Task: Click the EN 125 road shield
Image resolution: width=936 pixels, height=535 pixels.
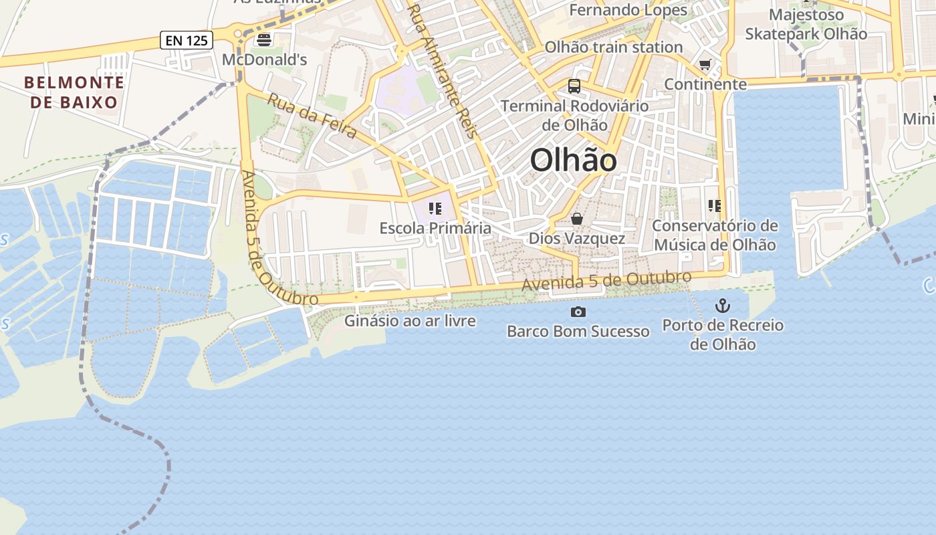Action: tap(187, 40)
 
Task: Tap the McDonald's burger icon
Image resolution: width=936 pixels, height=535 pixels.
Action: tap(264, 39)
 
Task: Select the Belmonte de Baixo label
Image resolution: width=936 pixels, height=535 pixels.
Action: tap(74, 92)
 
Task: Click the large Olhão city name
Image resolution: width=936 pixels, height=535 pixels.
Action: tap(573, 160)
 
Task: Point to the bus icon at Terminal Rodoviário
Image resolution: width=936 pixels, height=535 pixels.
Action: tap(574, 86)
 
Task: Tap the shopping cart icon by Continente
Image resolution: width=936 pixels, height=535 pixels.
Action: tap(705, 65)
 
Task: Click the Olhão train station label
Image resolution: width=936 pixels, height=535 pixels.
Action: tap(613, 47)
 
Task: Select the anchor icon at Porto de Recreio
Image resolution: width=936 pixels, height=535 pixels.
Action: tap(723, 306)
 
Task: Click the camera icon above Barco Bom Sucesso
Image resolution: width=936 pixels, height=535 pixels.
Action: tap(578, 312)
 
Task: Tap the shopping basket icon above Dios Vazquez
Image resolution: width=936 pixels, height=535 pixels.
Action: tap(577, 219)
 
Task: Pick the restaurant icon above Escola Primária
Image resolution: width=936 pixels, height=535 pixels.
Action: tap(435, 209)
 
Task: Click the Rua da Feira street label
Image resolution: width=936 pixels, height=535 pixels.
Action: tap(312, 116)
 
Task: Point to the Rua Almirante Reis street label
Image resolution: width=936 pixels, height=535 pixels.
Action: tap(442, 70)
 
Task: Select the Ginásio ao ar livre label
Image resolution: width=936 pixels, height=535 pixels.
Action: tap(410, 321)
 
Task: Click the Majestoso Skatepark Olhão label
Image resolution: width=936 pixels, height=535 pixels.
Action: tap(806, 24)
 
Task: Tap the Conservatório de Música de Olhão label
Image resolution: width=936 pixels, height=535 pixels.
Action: tap(715, 235)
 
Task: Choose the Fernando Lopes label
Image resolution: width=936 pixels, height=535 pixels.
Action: tap(628, 10)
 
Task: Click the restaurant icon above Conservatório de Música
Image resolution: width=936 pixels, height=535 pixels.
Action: tap(715, 206)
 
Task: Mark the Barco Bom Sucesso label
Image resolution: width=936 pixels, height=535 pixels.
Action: tap(578, 331)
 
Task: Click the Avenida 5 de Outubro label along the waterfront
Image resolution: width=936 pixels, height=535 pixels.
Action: tap(606, 282)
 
